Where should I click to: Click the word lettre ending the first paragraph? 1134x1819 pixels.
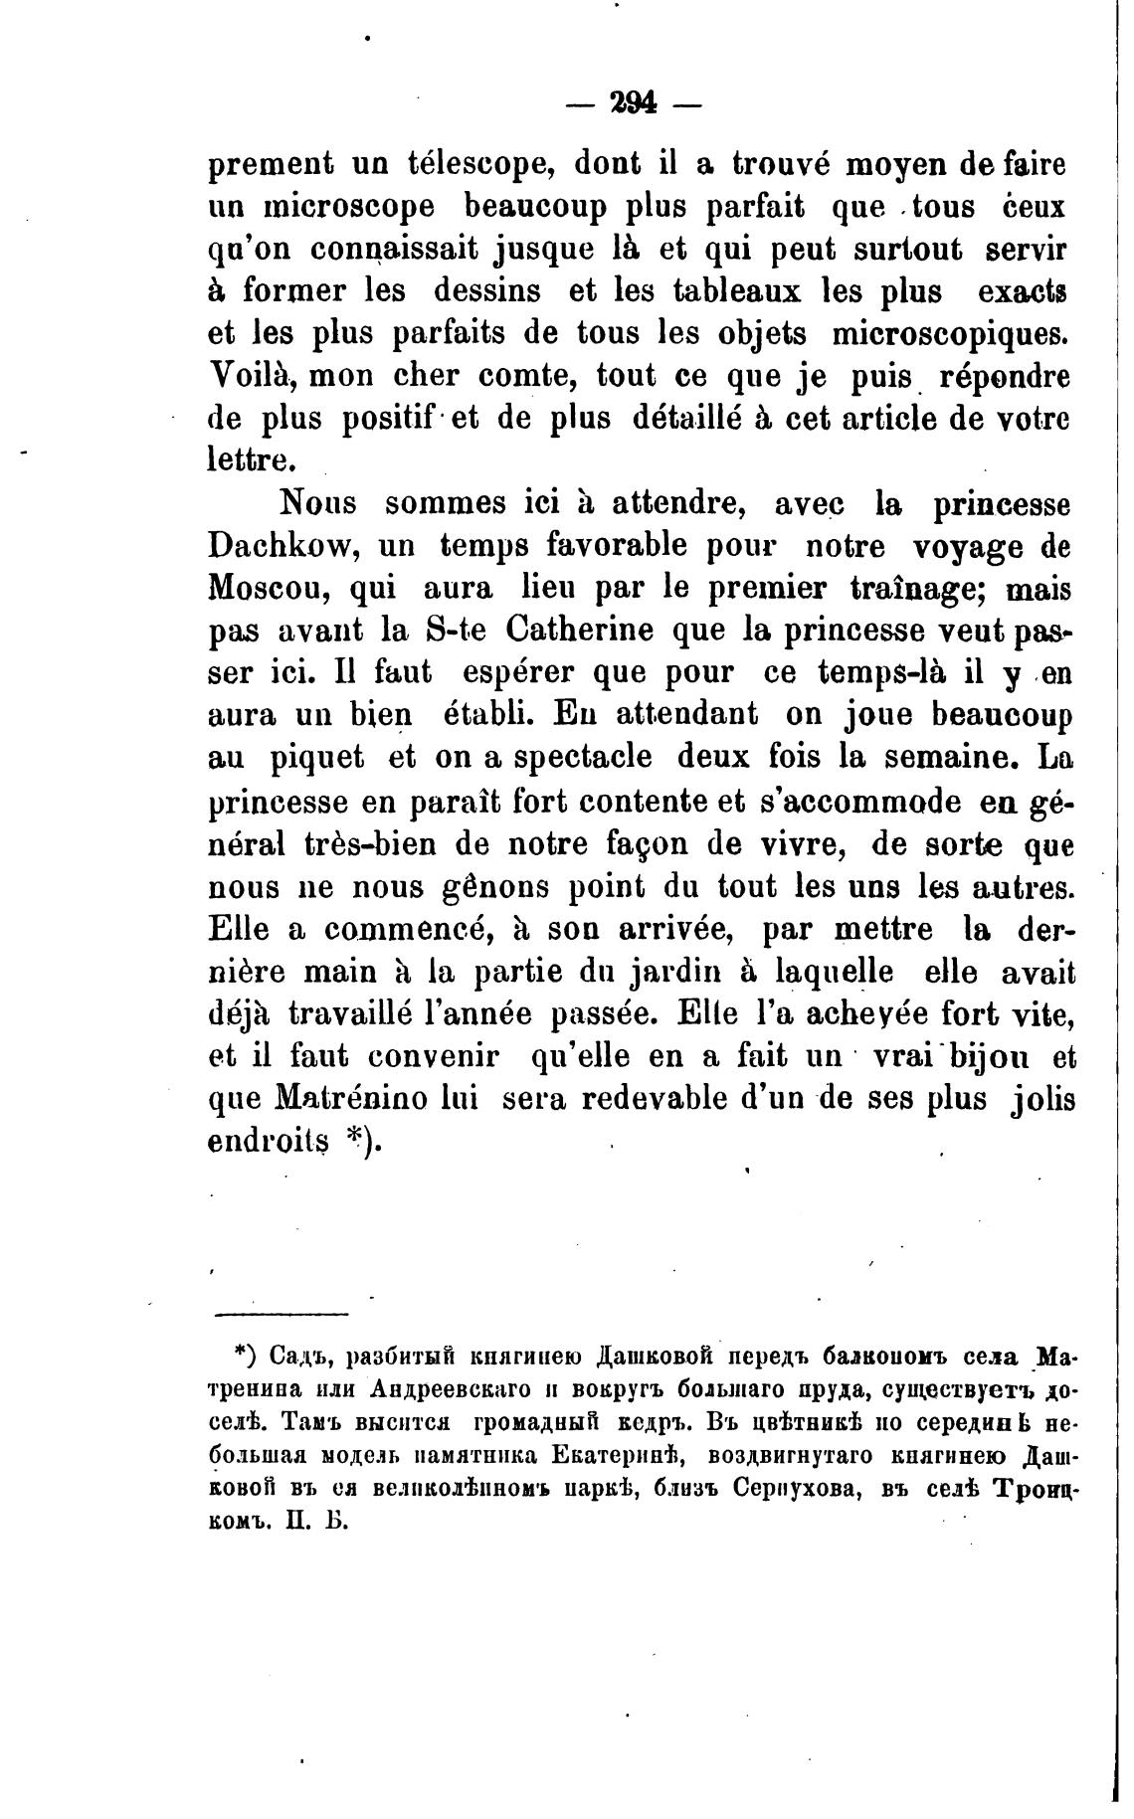tap(251, 460)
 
